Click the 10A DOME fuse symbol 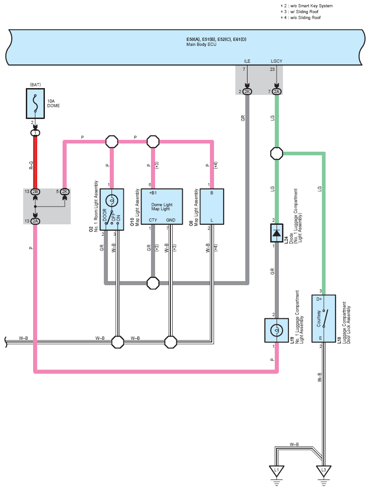35,104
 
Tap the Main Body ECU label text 201,45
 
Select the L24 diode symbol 277,233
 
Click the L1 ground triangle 277,470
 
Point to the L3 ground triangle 323,470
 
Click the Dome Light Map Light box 162,207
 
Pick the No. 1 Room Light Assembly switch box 112,209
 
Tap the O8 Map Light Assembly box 212,207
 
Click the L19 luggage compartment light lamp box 277,330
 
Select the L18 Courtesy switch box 324,318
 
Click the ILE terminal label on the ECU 247,61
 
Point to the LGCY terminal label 277,61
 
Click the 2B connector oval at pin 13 35,192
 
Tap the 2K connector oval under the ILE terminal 247,92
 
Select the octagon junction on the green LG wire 277,153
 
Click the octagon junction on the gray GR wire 153,283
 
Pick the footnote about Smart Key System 307,5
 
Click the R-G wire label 31,165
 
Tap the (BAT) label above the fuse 35,84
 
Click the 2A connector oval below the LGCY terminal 277,92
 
